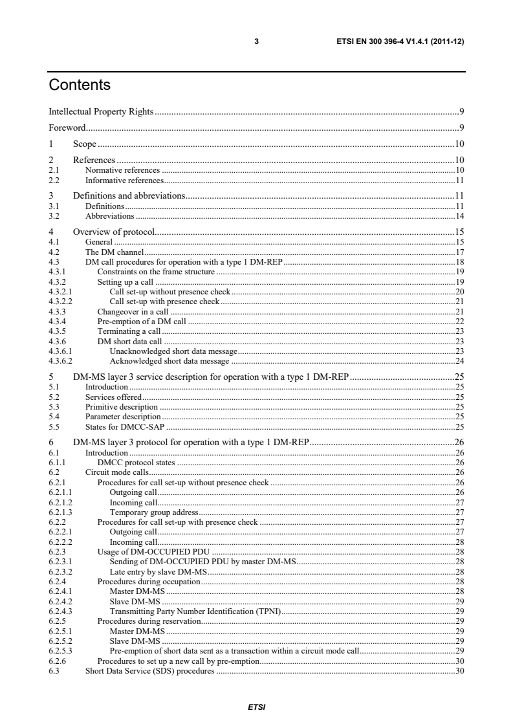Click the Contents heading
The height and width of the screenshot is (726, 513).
pos(80,85)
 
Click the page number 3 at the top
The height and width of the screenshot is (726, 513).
pos(256,41)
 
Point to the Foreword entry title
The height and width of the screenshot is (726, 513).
pos(63,127)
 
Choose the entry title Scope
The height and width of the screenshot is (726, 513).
pos(84,144)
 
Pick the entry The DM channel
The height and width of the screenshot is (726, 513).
pos(114,252)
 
